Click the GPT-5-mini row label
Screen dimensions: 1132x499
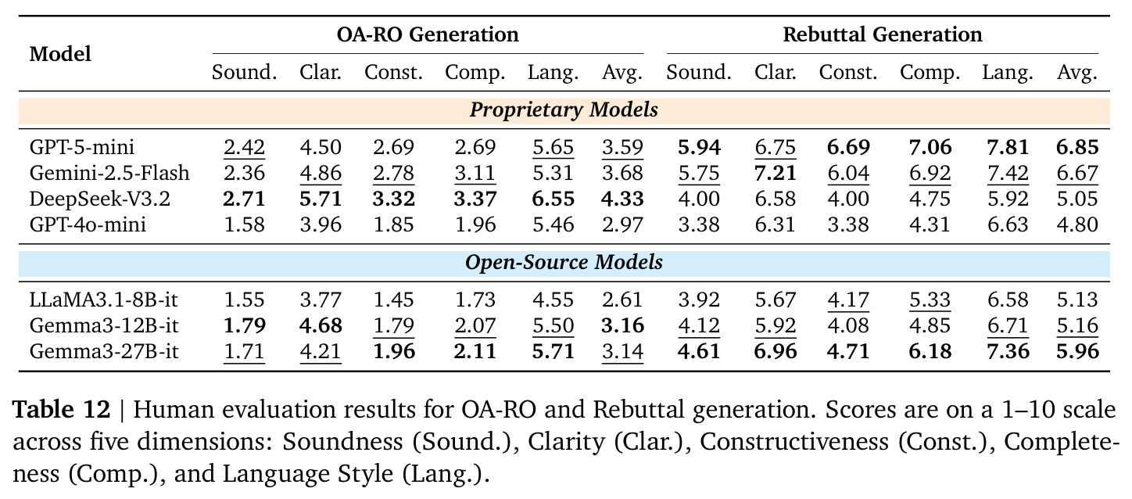click(x=82, y=147)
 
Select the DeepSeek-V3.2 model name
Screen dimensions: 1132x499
click(x=99, y=199)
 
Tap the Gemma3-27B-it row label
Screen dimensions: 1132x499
click(x=104, y=351)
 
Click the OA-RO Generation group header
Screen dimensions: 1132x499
click(x=428, y=34)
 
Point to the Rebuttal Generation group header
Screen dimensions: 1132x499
click(x=883, y=34)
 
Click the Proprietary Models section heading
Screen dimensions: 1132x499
click(x=564, y=109)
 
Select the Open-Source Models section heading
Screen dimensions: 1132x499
click(x=564, y=262)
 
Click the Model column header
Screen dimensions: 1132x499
click(x=60, y=54)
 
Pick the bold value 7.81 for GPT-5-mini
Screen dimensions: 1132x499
click(x=1008, y=147)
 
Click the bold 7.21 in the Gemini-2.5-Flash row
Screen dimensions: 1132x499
click(x=776, y=173)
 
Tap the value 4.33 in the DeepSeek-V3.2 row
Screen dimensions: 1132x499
click(x=622, y=199)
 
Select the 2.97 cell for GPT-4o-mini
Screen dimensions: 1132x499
click(x=622, y=224)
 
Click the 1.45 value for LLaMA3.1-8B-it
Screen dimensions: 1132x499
click(x=393, y=300)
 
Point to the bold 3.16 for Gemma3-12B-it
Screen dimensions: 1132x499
click(x=622, y=325)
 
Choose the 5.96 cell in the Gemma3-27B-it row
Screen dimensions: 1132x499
click(x=1077, y=351)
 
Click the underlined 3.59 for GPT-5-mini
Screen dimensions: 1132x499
click(x=622, y=147)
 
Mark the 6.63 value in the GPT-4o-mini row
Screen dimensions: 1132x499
click(x=1008, y=224)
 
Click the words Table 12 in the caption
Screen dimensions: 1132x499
click(x=61, y=409)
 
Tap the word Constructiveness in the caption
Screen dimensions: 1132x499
click(x=794, y=441)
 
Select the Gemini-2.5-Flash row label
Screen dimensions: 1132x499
click(x=109, y=173)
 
